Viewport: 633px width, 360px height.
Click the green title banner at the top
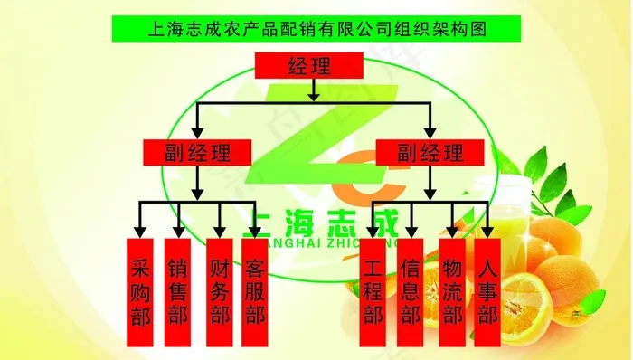316,28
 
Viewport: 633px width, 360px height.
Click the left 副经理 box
198,152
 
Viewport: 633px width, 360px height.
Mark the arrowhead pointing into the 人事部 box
488,225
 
